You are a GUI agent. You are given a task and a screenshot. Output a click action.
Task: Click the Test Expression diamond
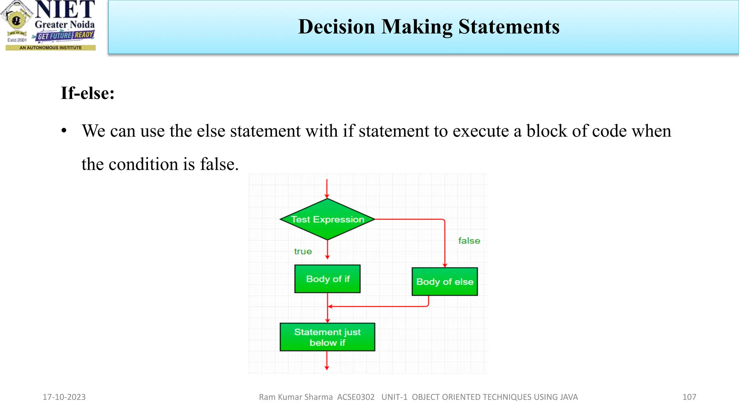[x=327, y=219]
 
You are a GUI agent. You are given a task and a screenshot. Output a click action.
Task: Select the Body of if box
[x=327, y=279]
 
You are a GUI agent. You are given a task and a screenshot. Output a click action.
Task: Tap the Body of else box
[x=445, y=282]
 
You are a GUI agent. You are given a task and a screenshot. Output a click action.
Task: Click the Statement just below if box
[x=327, y=337]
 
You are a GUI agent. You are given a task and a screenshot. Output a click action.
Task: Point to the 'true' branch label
[x=303, y=251]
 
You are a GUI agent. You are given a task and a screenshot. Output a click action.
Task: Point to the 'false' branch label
[x=469, y=241]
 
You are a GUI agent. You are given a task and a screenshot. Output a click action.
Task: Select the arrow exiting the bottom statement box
[x=327, y=360]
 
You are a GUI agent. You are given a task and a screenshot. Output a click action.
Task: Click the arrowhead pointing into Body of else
[x=445, y=265]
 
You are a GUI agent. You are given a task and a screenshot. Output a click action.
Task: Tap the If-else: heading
[x=88, y=93]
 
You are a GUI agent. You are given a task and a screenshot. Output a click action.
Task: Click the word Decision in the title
[x=337, y=27]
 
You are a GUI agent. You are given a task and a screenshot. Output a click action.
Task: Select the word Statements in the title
[x=509, y=27]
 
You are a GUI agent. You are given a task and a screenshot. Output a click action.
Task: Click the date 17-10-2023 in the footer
[x=64, y=397]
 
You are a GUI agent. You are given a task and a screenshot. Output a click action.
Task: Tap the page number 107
[x=689, y=397]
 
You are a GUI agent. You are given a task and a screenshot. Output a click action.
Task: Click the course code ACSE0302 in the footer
[x=356, y=397]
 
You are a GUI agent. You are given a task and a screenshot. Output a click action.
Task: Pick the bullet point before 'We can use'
[x=64, y=131]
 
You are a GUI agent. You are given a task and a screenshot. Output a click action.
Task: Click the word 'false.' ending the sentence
[x=219, y=164]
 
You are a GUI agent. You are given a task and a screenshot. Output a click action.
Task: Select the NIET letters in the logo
[x=65, y=10]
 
